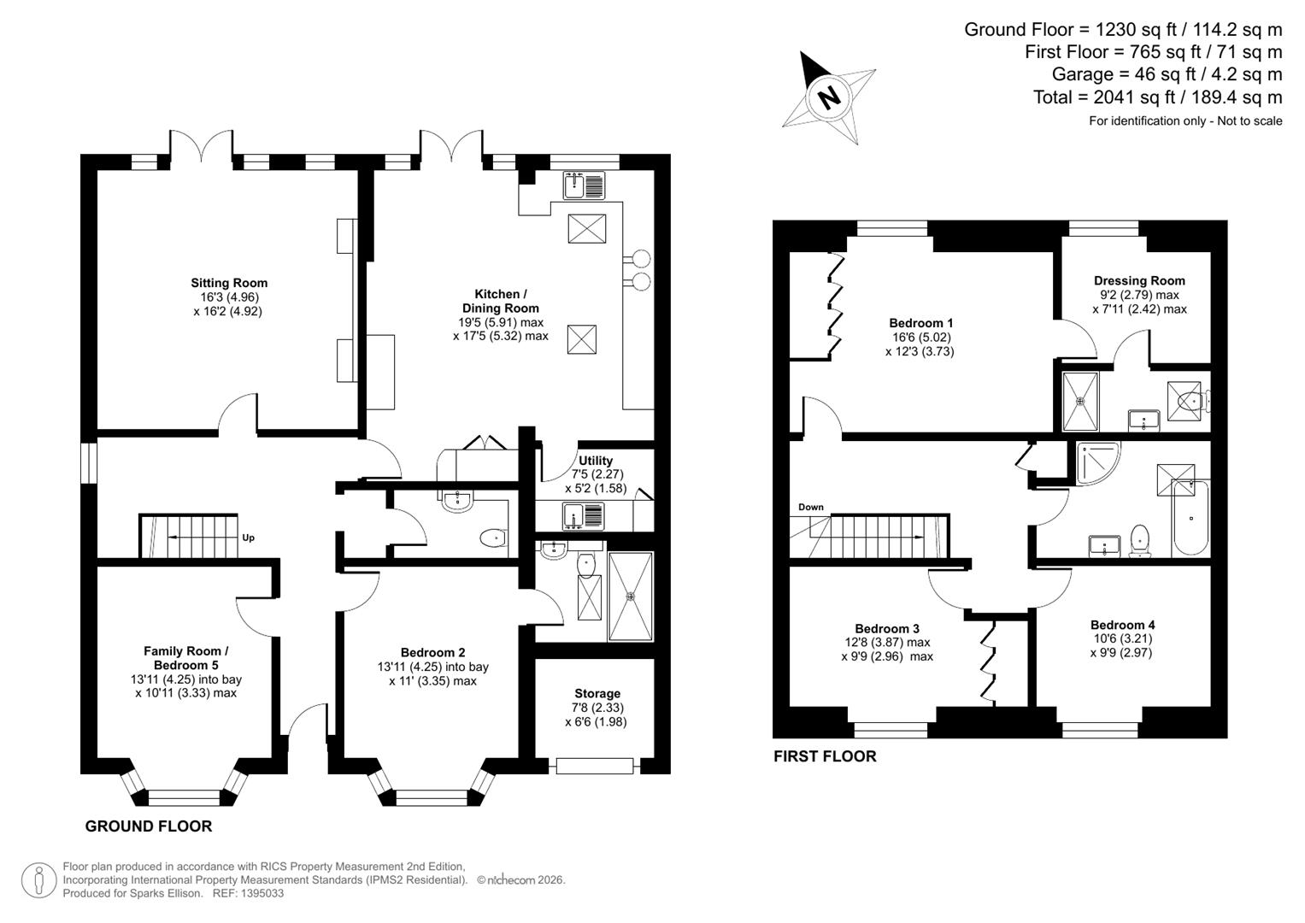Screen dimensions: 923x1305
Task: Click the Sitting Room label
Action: [x=228, y=283]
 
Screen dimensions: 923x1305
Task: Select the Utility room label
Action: [x=596, y=461]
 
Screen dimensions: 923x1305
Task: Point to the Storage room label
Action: [x=597, y=693]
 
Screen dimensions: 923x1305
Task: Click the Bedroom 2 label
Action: [x=433, y=652]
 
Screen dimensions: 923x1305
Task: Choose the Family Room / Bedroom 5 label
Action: [x=185, y=658]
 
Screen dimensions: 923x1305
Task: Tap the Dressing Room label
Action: [x=1139, y=280]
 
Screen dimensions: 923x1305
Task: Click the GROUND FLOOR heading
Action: [x=149, y=826]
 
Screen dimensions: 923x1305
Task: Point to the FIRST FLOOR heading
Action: [x=825, y=756]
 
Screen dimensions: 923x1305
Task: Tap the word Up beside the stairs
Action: [x=249, y=538]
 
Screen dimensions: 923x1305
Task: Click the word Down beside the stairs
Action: [x=810, y=507]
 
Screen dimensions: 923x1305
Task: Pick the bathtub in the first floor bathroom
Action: [x=1190, y=518]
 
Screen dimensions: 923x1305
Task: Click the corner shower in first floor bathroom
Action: [x=1095, y=462]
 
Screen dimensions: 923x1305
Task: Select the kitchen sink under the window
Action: [x=584, y=184]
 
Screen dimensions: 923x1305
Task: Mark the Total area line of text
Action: [x=1157, y=97]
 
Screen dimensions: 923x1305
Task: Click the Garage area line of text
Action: [x=1167, y=74]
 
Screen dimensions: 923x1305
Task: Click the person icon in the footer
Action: [x=39, y=880]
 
